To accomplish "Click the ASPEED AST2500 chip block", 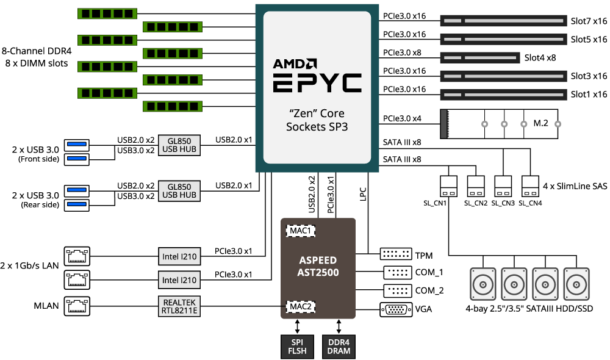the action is click(x=318, y=268).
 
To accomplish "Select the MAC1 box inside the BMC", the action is click(x=300, y=231).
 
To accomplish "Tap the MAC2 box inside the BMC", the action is click(x=300, y=307).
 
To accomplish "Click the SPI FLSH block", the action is click(x=297, y=347).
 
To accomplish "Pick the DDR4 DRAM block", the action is click(x=339, y=347).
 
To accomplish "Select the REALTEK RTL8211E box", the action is click(x=179, y=306).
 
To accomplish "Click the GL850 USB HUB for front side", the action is click(x=179, y=145).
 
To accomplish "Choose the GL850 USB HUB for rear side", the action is click(x=179, y=191).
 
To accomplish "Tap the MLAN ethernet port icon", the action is click(x=77, y=306).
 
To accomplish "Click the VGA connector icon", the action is click(x=396, y=310).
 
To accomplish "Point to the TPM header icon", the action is click(x=396, y=254).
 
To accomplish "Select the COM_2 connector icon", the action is click(x=398, y=290).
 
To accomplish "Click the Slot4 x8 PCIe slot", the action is click(x=480, y=58).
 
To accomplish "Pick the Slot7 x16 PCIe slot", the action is click(x=503, y=21).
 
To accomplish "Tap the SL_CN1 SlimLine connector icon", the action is click(x=448, y=187).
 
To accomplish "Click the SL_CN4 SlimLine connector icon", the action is click(x=530, y=187).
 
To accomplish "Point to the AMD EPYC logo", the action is click(x=317, y=76).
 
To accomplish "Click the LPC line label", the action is click(x=363, y=194).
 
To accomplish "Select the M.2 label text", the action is click(x=540, y=123).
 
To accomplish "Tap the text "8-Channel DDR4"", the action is click(x=37, y=51).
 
